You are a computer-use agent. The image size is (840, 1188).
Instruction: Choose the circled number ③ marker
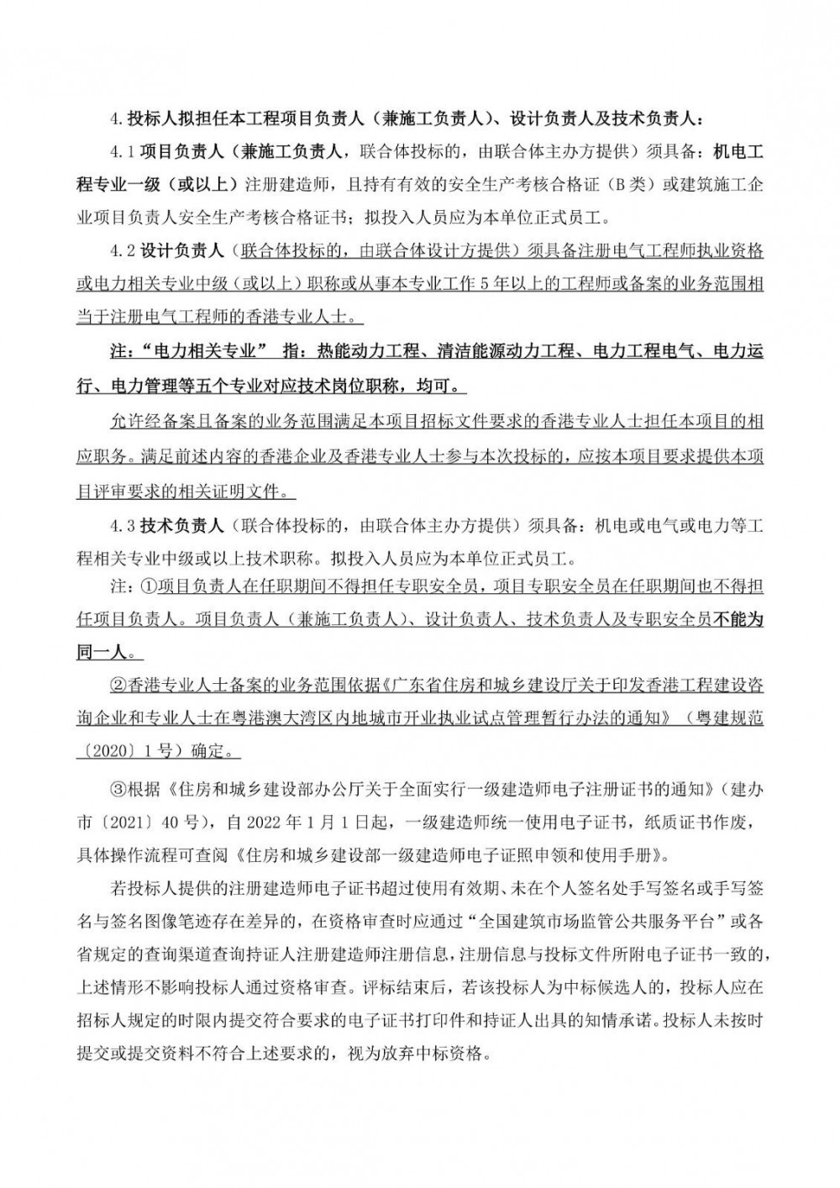coord(120,790)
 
